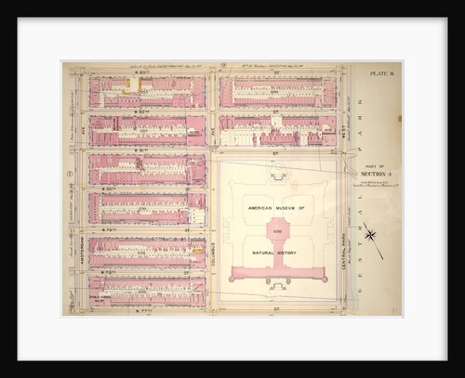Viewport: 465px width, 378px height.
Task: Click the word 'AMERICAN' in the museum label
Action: click(259, 209)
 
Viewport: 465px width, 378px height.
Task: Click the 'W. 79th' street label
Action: click(146, 229)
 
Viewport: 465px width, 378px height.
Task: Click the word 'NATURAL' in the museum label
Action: click(259, 253)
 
